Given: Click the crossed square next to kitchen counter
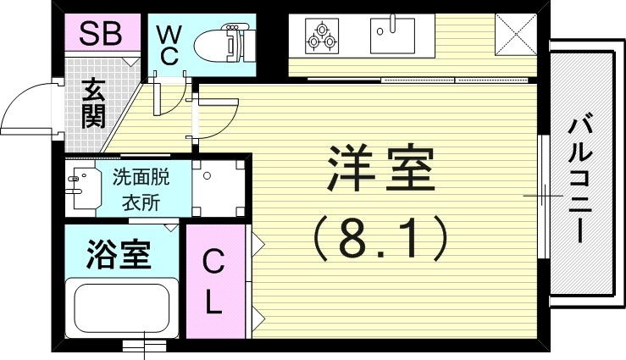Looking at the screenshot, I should (x=512, y=34).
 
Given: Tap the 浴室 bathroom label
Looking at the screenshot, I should (x=119, y=253).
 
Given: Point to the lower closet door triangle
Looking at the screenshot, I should (x=258, y=320).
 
